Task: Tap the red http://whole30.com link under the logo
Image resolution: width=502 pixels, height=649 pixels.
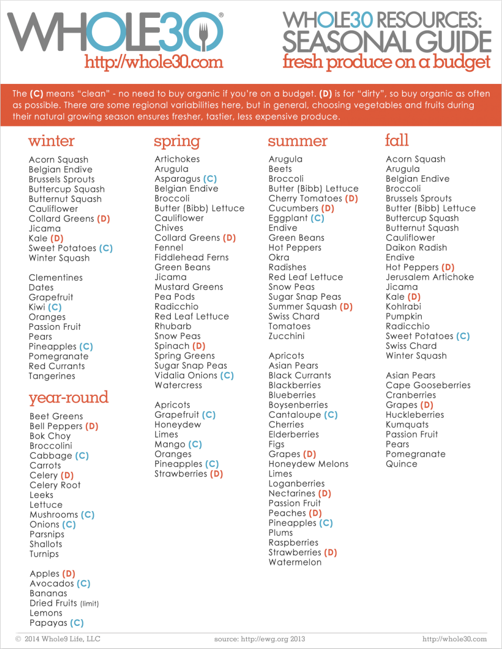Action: click(154, 62)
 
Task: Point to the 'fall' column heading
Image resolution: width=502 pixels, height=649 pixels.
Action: click(397, 140)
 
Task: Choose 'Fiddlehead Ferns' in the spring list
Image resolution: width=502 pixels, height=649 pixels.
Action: click(191, 257)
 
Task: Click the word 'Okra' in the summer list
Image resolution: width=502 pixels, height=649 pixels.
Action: click(279, 257)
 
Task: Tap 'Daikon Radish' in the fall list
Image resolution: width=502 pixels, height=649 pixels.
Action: click(416, 247)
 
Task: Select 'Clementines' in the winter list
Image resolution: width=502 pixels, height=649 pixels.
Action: click(56, 277)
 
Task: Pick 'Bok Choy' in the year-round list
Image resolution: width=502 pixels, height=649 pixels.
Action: click(50, 436)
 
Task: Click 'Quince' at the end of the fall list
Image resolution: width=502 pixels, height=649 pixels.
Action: click(401, 464)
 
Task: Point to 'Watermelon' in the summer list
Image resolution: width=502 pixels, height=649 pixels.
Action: click(295, 562)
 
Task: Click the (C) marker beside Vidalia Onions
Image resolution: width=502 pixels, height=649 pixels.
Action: click(227, 375)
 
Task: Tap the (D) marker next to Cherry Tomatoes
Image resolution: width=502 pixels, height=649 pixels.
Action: click(351, 198)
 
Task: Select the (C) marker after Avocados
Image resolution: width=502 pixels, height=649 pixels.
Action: click(83, 583)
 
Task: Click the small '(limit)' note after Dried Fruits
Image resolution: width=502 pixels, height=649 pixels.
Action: click(90, 603)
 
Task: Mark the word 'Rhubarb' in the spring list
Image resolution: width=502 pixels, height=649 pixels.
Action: click(172, 326)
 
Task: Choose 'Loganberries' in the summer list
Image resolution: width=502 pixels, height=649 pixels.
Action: click(296, 483)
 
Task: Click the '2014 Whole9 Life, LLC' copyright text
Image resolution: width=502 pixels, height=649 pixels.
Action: click(62, 639)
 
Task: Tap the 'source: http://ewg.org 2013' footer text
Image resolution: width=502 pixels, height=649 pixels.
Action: click(259, 639)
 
